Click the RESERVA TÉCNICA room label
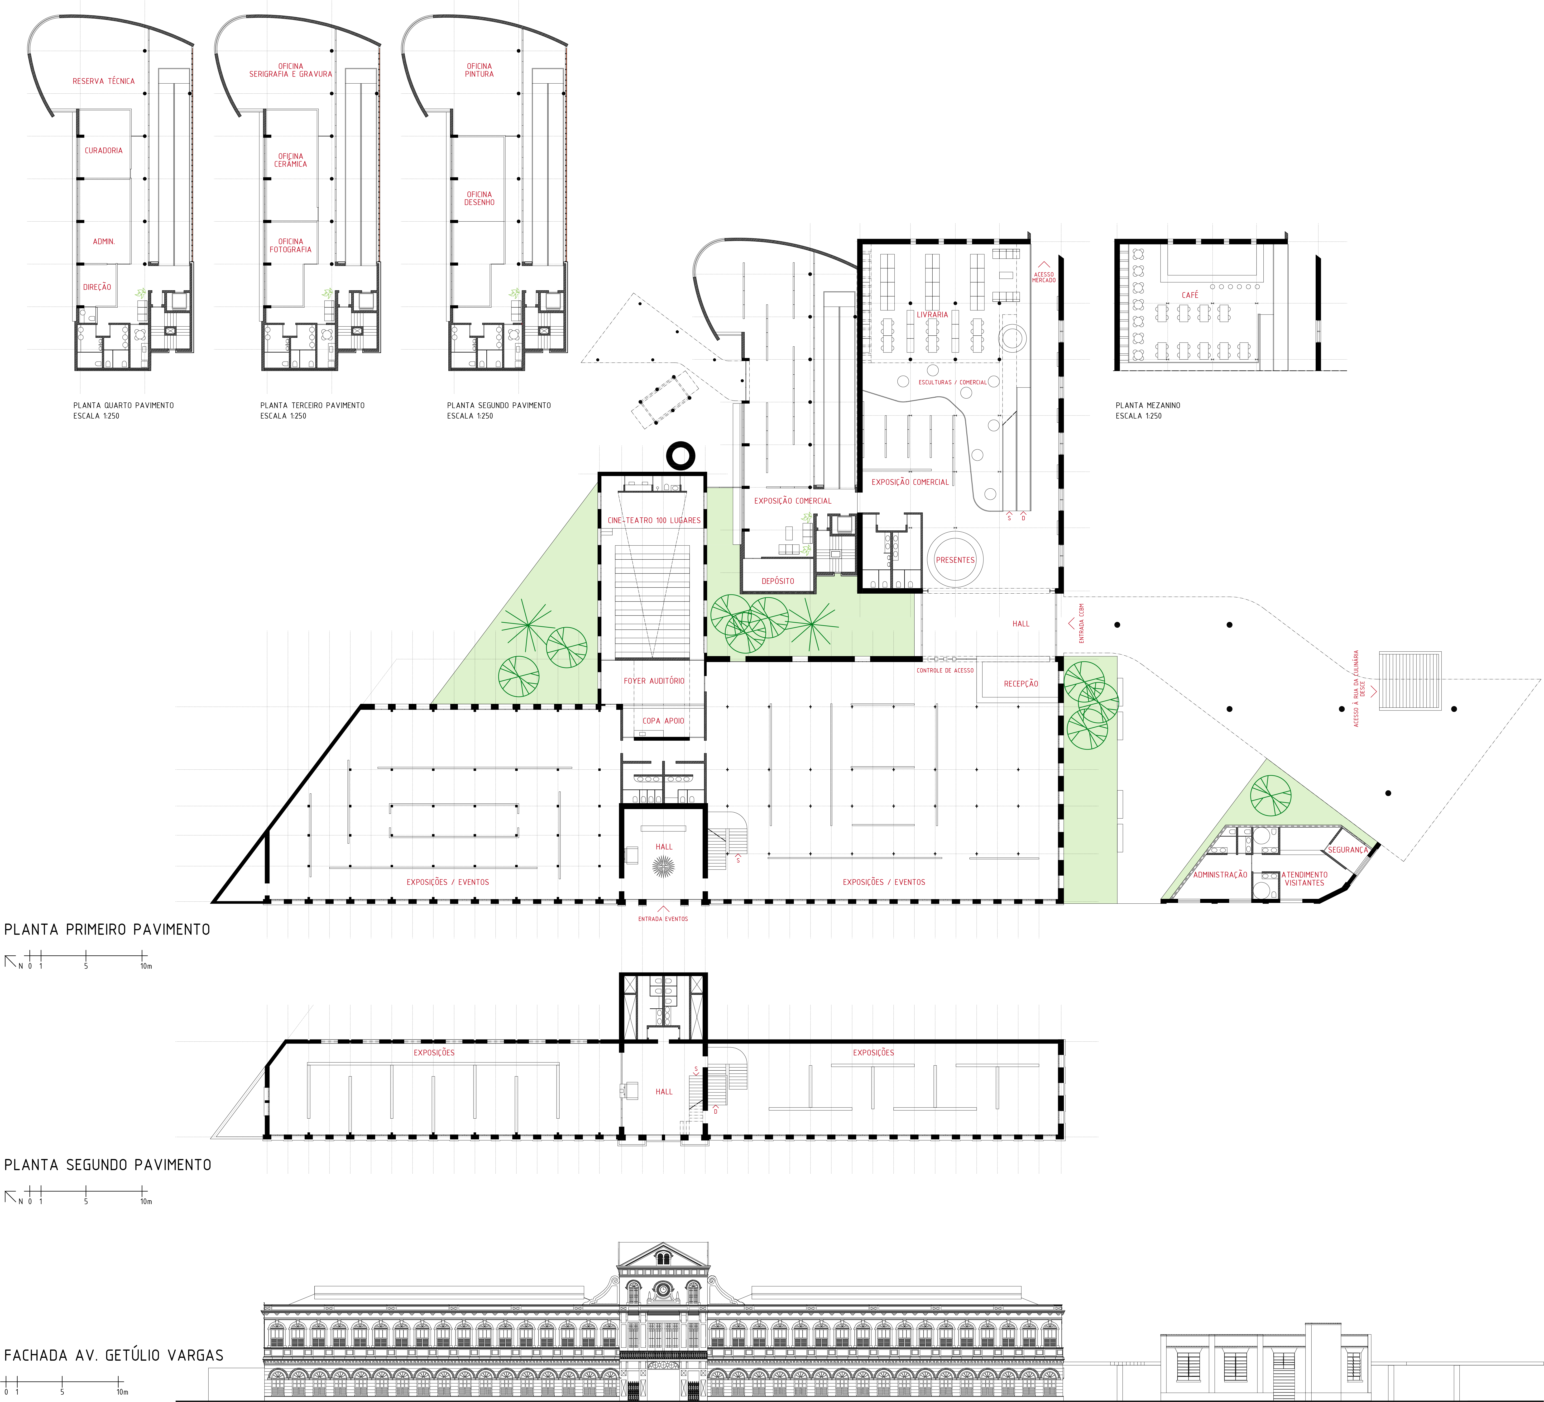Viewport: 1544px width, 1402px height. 103,81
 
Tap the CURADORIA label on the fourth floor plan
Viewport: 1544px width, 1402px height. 103,151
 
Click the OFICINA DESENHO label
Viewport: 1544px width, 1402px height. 480,198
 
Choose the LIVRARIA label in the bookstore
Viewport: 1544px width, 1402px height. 932,315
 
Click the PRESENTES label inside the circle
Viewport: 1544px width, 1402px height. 955,560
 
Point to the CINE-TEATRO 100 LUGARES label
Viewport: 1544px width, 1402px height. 654,521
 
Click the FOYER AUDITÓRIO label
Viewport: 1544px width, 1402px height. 654,681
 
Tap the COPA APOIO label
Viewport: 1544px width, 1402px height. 663,720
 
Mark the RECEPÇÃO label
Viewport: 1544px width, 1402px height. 1021,684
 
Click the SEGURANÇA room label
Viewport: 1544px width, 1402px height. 1348,850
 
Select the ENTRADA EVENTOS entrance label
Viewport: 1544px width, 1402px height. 663,919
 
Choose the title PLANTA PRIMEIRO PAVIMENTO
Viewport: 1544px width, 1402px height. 107,930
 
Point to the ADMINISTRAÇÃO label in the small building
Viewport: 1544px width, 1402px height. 1220,874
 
